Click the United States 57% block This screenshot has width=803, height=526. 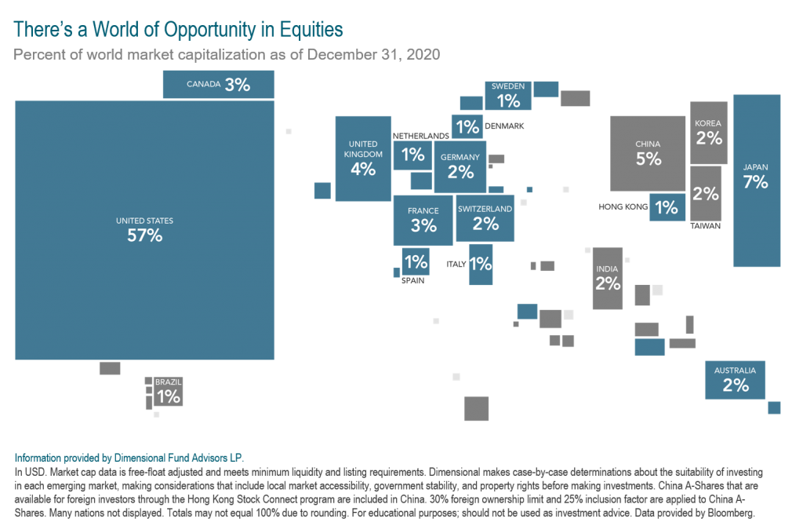[x=144, y=229]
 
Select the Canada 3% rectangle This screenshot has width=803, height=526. [x=218, y=85]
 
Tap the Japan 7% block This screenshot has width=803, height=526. [x=757, y=181]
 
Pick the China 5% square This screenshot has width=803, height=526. [x=649, y=153]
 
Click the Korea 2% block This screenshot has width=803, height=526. [x=709, y=133]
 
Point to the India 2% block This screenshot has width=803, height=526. [x=608, y=278]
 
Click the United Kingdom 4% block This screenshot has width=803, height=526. [x=363, y=159]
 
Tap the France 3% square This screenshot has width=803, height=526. [x=423, y=220]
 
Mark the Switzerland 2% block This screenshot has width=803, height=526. [x=485, y=217]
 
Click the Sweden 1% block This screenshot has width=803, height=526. [x=508, y=95]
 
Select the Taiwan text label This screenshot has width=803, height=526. [x=706, y=226]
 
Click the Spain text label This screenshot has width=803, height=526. [x=413, y=279]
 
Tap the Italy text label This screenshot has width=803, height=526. [x=456, y=265]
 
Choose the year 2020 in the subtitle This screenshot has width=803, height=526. [x=423, y=55]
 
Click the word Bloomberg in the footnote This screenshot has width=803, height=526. [x=731, y=513]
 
